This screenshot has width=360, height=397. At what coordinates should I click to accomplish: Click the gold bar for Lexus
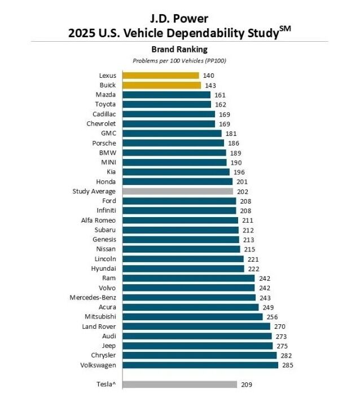pyautogui.click(x=161, y=76)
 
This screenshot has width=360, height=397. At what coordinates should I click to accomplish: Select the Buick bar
pyautogui.click(x=161, y=85)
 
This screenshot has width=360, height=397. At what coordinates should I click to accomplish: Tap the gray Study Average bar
pyautogui.click(x=178, y=191)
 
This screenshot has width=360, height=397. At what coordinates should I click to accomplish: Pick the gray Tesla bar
pyautogui.click(x=180, y=385)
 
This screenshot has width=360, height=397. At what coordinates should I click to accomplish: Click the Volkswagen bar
pyautogui.click(x=200, y=365)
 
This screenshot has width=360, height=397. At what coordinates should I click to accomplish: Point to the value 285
pyautogui.click(x=288, y=365)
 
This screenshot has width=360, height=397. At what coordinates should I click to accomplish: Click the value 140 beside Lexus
pyautogui.click(x=209, y=76)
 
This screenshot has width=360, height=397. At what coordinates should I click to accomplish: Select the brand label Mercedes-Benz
pyautogui.click(x=93, y=298)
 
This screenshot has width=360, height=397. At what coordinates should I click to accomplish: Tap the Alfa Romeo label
pyautogui.click(x=98, y=220)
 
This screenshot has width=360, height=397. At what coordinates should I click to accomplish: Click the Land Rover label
pyautogui.click(x=99, y=327)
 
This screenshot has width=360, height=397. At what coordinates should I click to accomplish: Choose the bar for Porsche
pyautogui.click(x=173, y=143)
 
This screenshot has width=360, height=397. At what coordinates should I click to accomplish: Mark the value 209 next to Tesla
pyautogui.click(x=247, y=385)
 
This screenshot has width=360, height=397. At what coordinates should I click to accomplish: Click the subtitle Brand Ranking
pyautogui.click(x=179, y=49)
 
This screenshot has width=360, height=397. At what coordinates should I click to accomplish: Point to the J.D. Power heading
pyautogui.click(x=179, y=19)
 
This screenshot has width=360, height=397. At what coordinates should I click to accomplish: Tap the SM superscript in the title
pyautogui.click(x=285, y=28)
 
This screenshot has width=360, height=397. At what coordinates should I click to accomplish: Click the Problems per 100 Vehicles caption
pyautogui.click(x=179, y=61)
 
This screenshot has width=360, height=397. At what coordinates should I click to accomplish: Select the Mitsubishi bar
pyautogui.click(x=192, y=317)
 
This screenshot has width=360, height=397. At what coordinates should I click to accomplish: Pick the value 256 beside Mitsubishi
pyautogui.click(x=272, y=317)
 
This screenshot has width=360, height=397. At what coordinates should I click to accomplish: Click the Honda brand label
pyautogui.click(x=106, y=182)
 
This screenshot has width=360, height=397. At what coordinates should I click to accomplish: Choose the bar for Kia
pyautogui.click(x=176, y=172)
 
